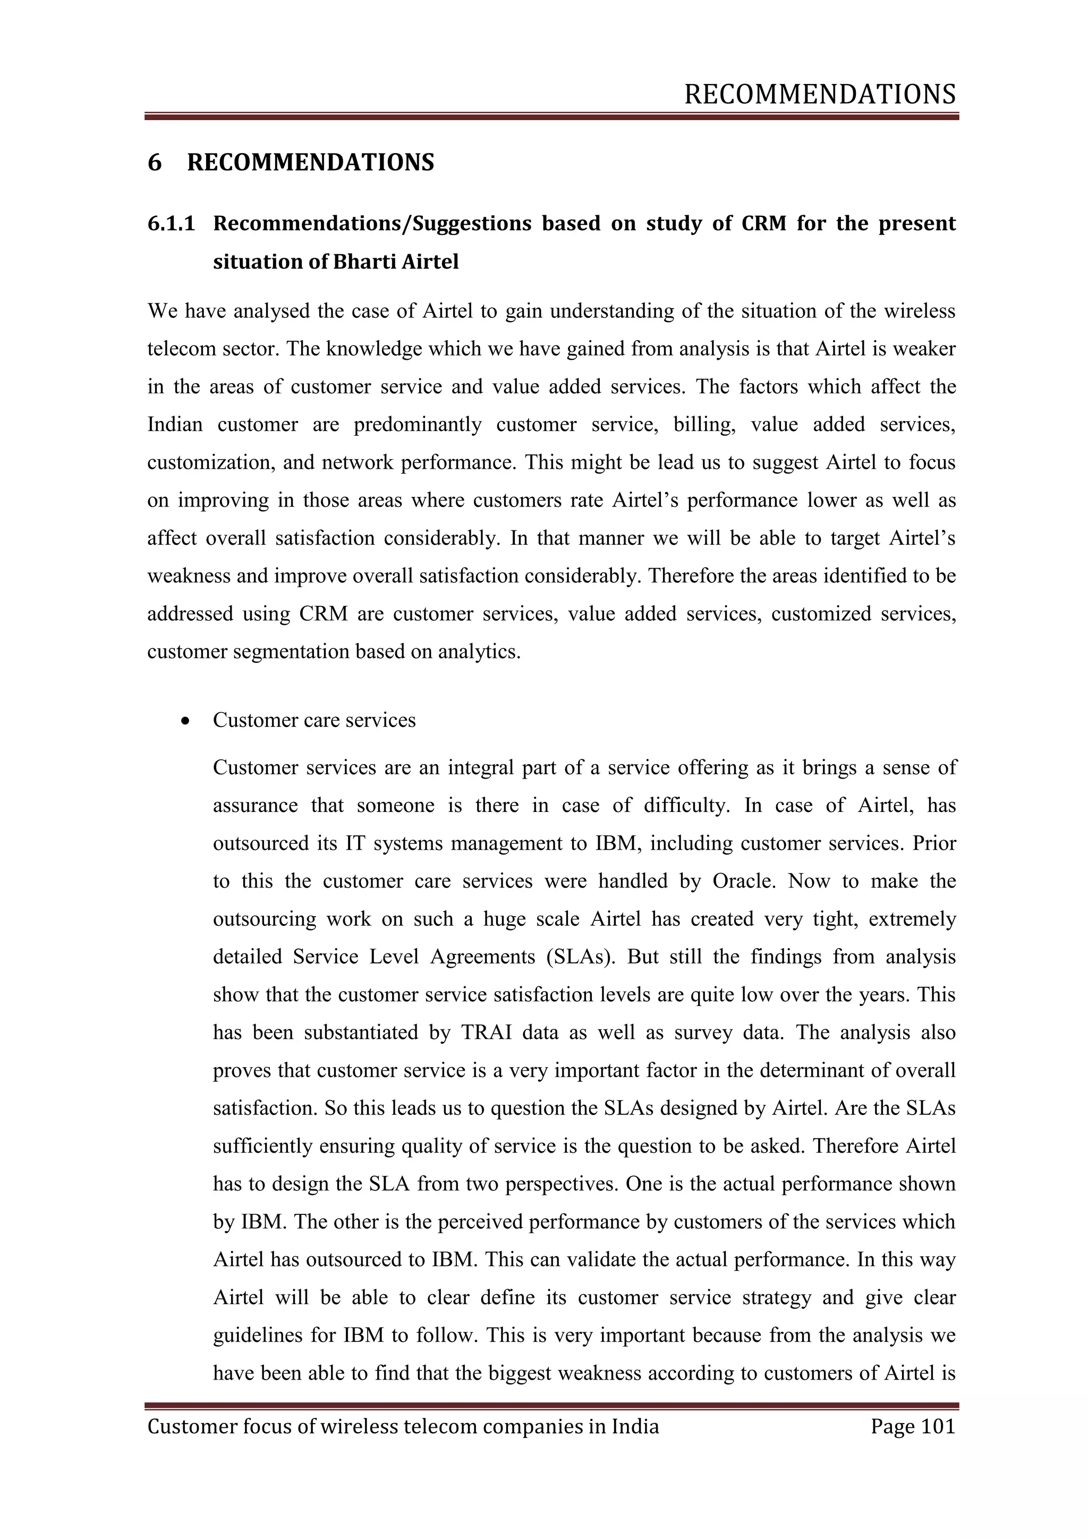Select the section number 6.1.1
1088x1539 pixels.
pyautogui.click(x=171, y=223)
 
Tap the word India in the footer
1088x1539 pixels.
pyautogui.click(x=635, y=1426)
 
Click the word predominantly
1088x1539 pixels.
pyautogui.click(x=418, y=425)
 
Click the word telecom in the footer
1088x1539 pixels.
pyautogui.click(x=441, y=1426)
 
